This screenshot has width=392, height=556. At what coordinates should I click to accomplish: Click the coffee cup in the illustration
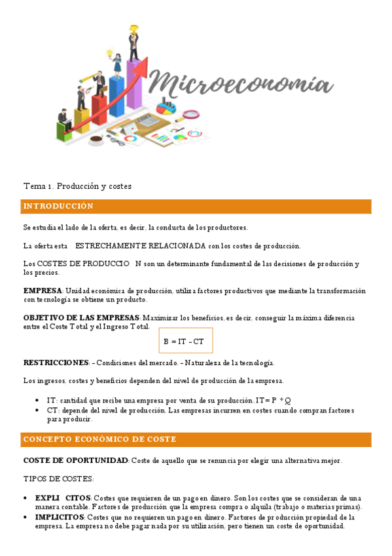click(x=96, y=139)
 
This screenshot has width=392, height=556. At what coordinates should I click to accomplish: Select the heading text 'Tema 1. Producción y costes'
click(x=77, y=186)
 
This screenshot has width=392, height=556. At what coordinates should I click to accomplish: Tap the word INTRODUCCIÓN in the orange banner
click(x=58, y=207)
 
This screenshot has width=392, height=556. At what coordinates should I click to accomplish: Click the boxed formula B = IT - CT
click(x=185, y=341)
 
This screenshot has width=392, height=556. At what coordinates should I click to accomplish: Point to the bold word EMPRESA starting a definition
click(x=43, y=290)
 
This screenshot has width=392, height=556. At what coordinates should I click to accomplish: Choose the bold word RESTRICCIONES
click(x=56, y=363)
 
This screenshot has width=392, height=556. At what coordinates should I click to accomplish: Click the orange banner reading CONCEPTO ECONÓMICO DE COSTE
click(x=196, y=439)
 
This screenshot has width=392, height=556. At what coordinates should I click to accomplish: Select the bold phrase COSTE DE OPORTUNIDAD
click(x=76, y=461)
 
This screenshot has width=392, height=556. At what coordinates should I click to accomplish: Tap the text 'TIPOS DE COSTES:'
click(x=59, y=479)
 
